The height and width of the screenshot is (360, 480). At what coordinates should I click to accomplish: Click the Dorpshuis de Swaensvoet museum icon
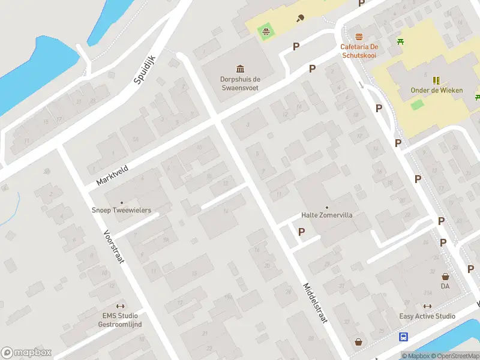point(240,68)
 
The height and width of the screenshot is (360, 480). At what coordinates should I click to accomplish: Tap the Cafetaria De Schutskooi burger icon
point(359,37)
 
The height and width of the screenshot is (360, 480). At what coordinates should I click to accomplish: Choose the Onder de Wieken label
point(437,91)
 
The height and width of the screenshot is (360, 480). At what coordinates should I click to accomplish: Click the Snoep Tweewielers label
point(121,211)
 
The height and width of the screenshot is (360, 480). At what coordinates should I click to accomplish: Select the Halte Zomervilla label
point(326,215)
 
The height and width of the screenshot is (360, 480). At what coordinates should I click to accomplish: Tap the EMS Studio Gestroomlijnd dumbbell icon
point(120,306)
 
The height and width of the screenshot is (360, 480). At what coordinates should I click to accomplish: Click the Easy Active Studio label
point(427,316)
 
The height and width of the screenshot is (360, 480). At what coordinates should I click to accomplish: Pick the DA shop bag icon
point(445,277)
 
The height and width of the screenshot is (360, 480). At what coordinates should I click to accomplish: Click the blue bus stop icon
point(404,337)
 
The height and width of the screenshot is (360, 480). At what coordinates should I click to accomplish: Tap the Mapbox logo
point(26,353)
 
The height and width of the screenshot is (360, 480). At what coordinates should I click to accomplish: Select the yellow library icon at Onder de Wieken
point(436,80)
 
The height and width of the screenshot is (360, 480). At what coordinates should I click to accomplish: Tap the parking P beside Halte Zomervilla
point(301,232)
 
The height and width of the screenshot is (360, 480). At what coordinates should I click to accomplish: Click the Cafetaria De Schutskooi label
point(359,50)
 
